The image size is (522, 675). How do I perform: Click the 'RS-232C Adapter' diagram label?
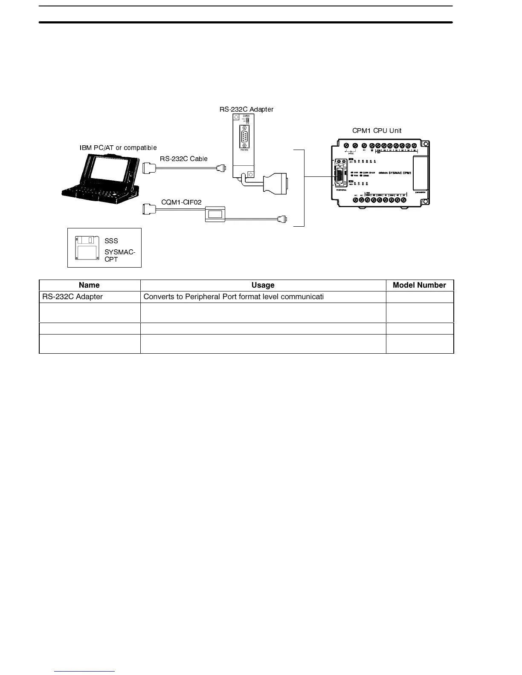pos(246,109)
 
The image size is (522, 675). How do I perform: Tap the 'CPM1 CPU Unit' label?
pos(377,130)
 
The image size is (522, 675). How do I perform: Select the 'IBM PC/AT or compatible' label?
pos(118,148)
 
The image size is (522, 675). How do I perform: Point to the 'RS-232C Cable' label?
pos(183,159)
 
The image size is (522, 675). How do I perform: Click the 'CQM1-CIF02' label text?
pos(181,202)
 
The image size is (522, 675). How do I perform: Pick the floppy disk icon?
pos(87,248)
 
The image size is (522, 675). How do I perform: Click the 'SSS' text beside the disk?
pos(111,241)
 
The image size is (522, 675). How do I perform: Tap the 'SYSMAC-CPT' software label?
pos(119,255)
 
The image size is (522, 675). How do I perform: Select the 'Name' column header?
pos(89,285)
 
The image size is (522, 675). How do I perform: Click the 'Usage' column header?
pos(263,285)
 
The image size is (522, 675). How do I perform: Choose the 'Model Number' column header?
pos(419,285)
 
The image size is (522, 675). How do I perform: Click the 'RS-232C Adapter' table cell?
pos(72,297)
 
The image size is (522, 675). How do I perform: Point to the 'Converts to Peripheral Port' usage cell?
pos(234,297)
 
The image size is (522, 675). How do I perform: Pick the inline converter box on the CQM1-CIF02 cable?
pos(215,213)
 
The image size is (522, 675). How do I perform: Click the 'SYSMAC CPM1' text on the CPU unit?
pos(400,173)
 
